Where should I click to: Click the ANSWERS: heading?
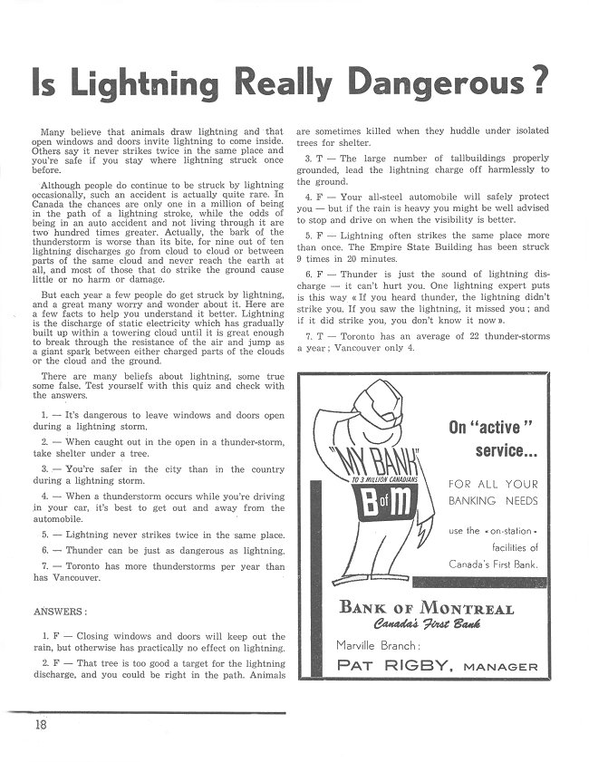click(61, 611)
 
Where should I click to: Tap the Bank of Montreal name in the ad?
click(426, 608)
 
